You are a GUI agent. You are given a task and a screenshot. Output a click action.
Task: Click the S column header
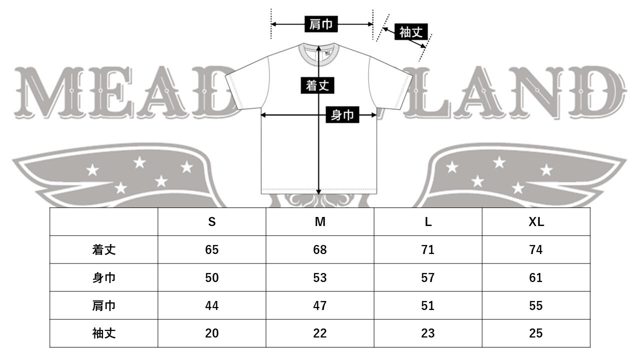coord(212,222)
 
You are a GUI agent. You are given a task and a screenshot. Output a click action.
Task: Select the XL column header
coord(536,222)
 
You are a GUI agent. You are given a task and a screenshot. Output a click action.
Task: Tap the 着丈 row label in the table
coord(104,250)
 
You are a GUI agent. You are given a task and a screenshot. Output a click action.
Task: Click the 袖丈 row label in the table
coord(104,333)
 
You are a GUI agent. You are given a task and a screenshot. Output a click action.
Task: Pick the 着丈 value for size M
coord(320,250)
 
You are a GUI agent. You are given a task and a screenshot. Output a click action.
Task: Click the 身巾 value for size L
coord(428,277)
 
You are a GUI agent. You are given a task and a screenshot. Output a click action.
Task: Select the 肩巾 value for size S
coord(212,305)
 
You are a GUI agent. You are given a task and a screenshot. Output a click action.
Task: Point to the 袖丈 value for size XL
coord(536,333)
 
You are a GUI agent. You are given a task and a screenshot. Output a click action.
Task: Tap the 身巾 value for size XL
coord(536,277)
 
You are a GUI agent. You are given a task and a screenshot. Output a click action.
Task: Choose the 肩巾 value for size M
coord(320,305)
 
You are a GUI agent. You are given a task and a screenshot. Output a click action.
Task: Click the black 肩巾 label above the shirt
coord(321,24)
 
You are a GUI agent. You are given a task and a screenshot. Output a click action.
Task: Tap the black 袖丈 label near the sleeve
coord(411,32)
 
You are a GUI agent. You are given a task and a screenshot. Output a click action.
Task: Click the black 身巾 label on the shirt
coord(342,115)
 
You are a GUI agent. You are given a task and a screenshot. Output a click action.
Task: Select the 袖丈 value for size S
coord(212,333)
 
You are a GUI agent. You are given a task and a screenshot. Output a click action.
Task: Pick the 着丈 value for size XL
coord(536,250)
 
